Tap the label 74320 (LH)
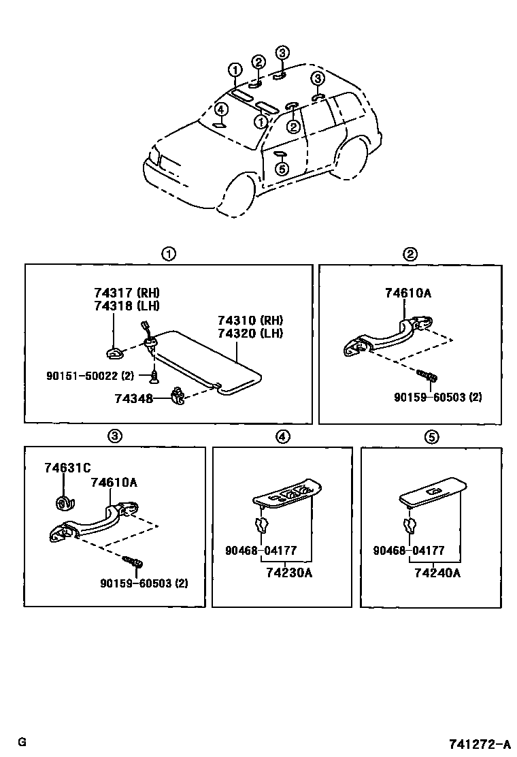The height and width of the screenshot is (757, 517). tap(250, 333)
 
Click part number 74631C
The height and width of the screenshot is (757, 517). tap(67, 468)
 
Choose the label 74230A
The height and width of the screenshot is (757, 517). tap(290, 573)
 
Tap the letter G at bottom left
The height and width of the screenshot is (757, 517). tap(22, 741)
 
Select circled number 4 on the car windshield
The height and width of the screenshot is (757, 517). tap(220, 109)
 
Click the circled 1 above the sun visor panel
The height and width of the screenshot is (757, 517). tap(168, 255)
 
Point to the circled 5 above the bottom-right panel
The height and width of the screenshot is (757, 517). tap(431, 437)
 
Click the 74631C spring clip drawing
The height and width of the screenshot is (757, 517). tap(64, 502)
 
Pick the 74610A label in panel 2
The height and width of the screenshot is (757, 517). tap(408, 293)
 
